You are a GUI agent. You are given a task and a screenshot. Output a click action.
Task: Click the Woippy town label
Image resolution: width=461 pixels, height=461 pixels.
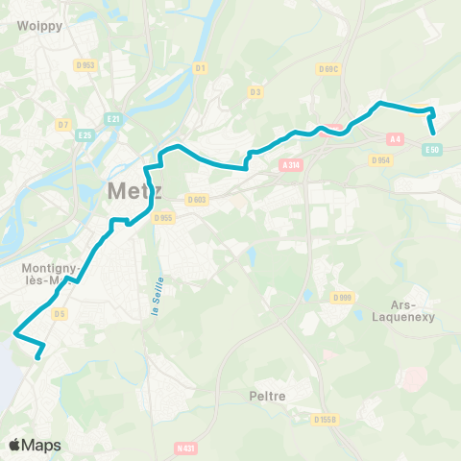pyautogui.click(x=39, y=26)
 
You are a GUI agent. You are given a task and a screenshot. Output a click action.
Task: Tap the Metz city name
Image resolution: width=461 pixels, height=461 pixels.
pyautogui.click(x=133, y=190)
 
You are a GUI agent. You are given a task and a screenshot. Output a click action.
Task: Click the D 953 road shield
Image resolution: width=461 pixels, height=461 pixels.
pyautogui.click(x=87, y=65)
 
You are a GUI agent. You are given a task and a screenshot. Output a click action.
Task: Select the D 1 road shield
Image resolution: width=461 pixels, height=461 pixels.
pyautogui.click(x=200, y=68)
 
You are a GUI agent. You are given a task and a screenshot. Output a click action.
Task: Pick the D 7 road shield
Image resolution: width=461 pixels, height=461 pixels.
pyautogui.click(x=62, y=124)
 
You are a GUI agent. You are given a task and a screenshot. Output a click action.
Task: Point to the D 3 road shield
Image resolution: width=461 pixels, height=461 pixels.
pyautogui.click(x=255, y=92)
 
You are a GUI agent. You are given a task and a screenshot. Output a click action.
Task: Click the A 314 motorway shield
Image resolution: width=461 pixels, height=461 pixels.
pyautogui.click(x=291, y=165)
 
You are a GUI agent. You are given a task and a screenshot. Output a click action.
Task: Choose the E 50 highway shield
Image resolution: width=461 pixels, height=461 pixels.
pyautogui.click(x=433, y=150)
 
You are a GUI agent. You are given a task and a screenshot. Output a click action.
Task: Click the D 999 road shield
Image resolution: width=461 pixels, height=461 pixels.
pyautogui.click(x=342, y=299)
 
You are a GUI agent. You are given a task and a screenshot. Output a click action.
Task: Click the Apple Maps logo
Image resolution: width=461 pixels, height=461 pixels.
pyautogui.click(x=35, y=445)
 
